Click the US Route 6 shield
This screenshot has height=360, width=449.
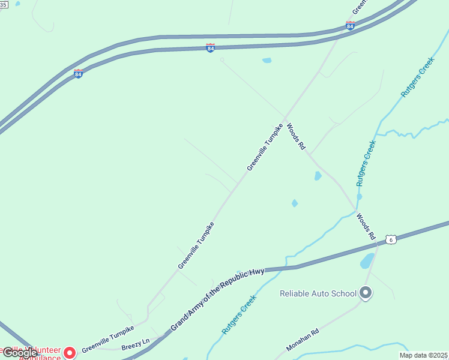click(x=391, y=239)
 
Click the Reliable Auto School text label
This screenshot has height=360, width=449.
click(x=318, y=293)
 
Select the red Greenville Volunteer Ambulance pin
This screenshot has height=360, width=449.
click(x=70, y=352)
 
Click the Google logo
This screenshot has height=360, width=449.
click(x=20, y=353)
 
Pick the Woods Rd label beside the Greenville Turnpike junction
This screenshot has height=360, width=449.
click(x=296, y=137)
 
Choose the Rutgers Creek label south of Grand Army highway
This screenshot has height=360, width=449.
click(x=239, y=314)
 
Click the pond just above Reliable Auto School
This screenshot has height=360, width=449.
click(x=367, y=261)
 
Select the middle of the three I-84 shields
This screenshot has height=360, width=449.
click(x=210, y=47)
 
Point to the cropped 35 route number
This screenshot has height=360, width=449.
click(x=4, y=4)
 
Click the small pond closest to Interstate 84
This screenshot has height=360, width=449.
click(x=267, y=60)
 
